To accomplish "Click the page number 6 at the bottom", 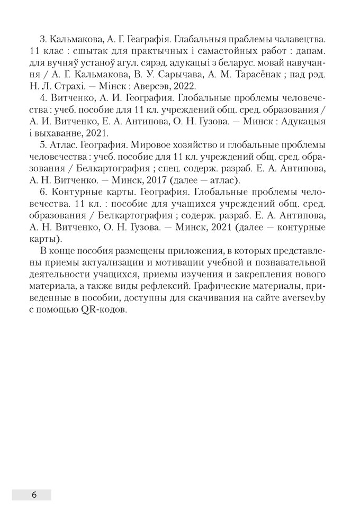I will pos(34,495).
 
